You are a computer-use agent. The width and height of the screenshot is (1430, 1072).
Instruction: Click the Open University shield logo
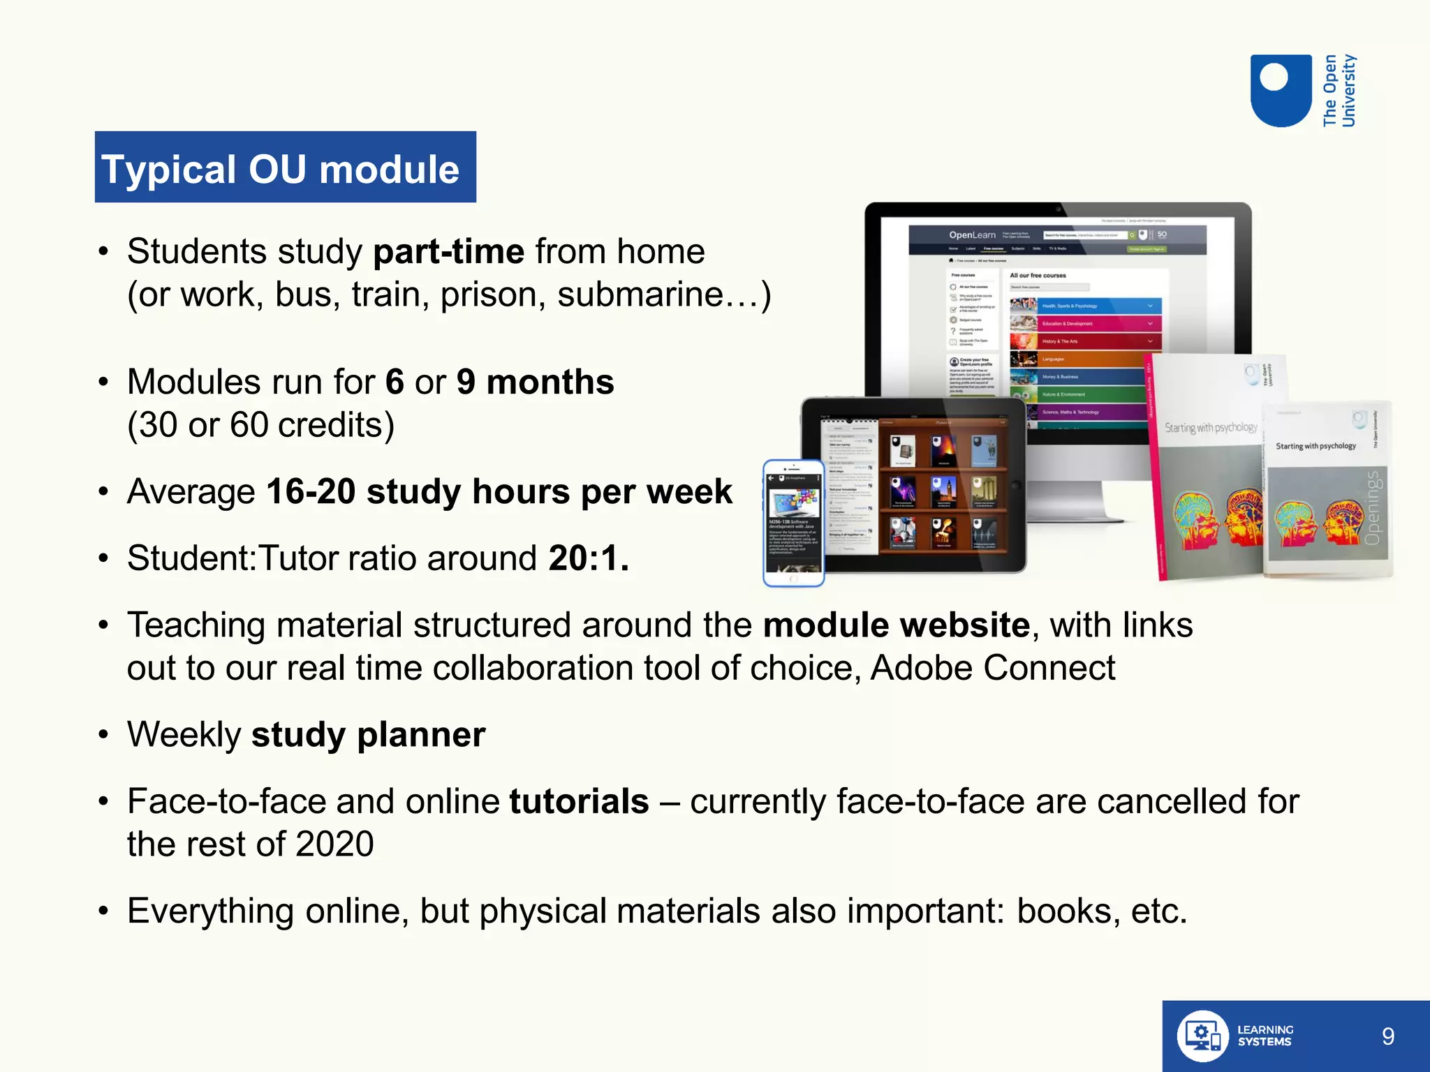click(1281, 91)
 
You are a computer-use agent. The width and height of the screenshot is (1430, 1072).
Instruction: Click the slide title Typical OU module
click(281, 169)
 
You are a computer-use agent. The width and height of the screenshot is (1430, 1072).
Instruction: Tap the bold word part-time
click(448, 251)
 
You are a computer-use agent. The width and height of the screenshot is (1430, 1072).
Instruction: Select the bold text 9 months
click(535, 382)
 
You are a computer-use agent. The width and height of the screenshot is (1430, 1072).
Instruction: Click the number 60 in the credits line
click(249, 425)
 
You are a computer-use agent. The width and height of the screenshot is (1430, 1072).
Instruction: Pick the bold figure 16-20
click(311, 491)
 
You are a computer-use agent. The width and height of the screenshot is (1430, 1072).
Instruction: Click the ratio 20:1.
click(588, 558)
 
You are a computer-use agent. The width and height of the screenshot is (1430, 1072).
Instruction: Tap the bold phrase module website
click(896, 625)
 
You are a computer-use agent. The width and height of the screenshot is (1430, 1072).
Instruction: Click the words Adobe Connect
click(992, 668)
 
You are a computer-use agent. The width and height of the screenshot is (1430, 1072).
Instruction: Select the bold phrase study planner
click(368, 735)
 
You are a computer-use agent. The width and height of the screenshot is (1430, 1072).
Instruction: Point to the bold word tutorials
click(579, 801)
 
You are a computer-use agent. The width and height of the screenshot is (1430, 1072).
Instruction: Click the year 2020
click(334, 844)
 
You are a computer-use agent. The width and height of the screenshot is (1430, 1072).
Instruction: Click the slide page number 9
click(1387, 1036)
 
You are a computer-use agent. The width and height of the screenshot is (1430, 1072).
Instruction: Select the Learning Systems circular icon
click(1202, 1036)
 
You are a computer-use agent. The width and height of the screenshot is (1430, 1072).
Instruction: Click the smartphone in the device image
click(794, 523)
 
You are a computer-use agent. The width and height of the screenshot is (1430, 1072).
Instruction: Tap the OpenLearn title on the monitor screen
click(971, 235)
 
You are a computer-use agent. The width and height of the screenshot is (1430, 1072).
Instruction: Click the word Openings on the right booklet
click(1372, 508)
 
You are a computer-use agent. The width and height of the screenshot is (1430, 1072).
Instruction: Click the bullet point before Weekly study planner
click(103, 735)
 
